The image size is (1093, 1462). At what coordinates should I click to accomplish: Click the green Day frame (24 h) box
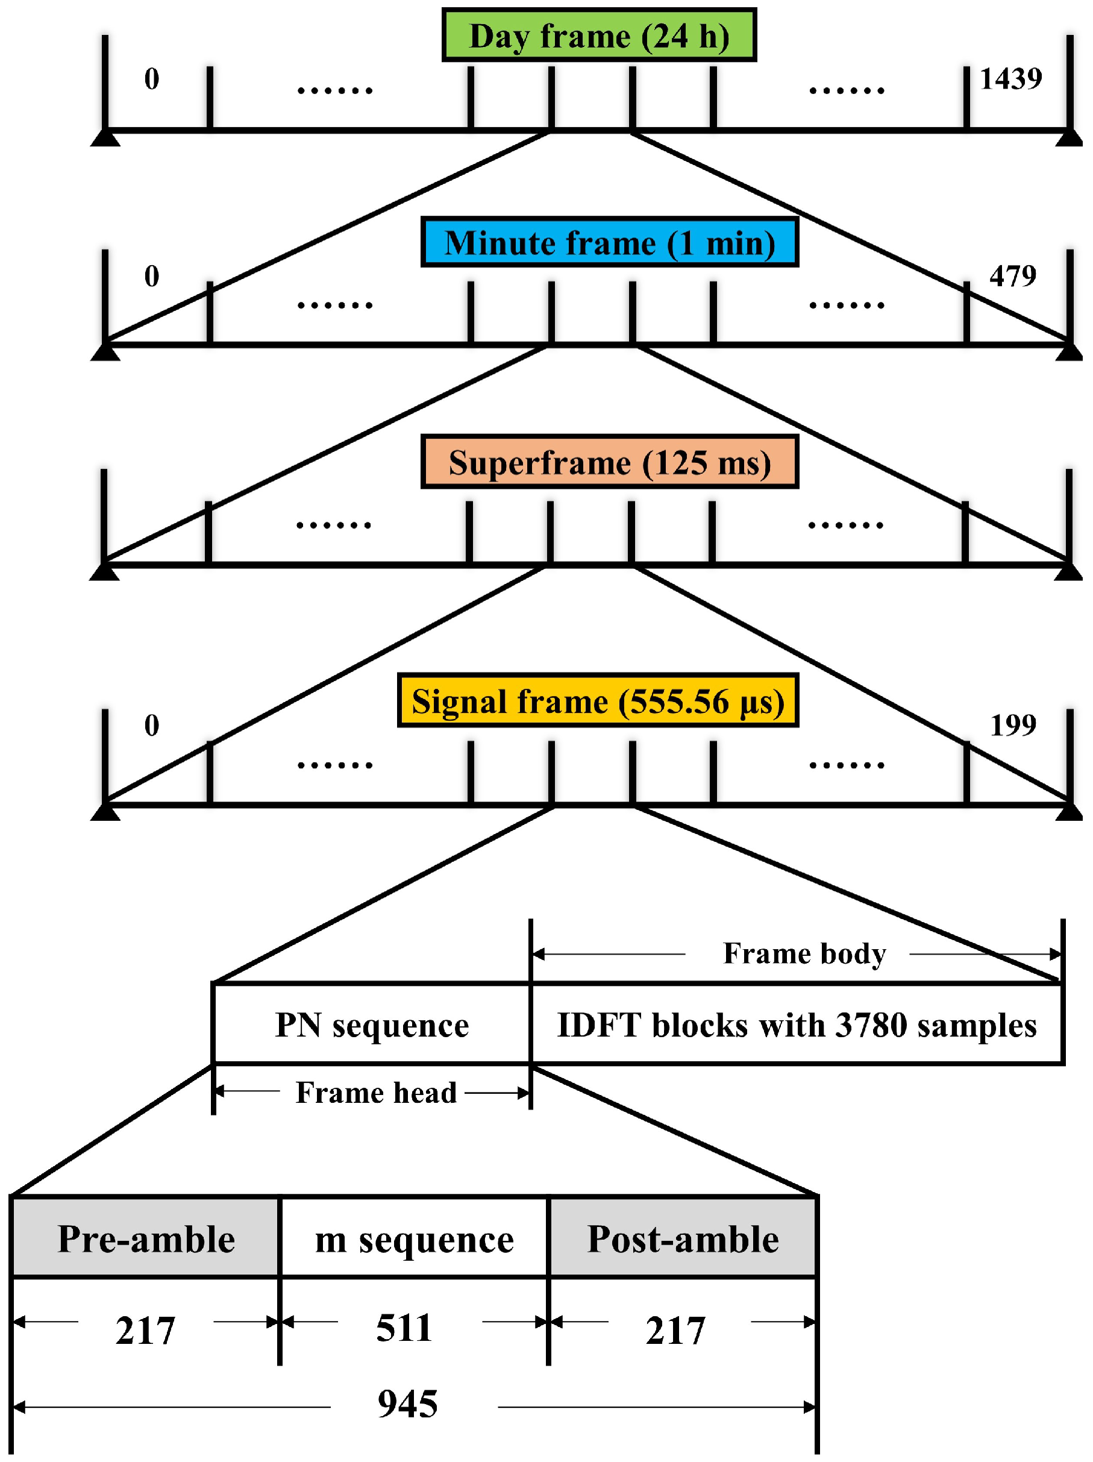point(599,36)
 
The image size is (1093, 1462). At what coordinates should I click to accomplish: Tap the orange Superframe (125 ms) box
point(609,462)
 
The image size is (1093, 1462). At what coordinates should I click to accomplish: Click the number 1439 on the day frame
point(1010,80)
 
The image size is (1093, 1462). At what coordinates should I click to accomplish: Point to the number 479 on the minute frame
point(1012,275)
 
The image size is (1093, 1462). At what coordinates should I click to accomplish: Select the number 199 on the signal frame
point(1012,725)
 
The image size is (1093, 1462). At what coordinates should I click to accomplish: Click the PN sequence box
point(371,1025)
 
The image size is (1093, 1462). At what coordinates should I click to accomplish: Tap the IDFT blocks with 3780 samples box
point(797,1025)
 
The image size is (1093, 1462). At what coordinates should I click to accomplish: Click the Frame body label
point(804,954)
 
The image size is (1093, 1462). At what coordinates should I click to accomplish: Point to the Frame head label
point(376,1093)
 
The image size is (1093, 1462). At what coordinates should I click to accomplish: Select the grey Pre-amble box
point(146,1238)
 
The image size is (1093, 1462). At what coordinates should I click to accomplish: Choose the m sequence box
point(415,1238)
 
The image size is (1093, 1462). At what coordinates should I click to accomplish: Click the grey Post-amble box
point(683,1238)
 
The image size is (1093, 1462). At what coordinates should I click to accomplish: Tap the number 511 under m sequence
point(404,1327)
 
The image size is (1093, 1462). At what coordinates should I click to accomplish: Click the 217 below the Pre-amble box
point(145,1330)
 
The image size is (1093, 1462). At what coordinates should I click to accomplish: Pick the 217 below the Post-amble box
point(675,1330)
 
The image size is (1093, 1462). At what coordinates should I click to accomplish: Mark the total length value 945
point(407,1404)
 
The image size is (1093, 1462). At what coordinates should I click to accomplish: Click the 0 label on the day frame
point(151,80)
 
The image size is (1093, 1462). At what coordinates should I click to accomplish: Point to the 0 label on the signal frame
point(151,725)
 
